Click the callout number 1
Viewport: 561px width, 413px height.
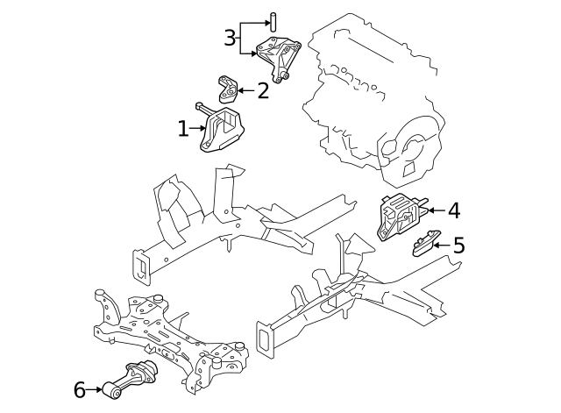(183, 129)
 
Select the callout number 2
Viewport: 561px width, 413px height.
(263, 91)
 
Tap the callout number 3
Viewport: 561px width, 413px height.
(230, 38)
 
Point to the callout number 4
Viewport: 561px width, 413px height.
(454, 210)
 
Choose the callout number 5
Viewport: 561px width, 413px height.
(458, 246)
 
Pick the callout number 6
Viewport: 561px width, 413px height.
(80, 389)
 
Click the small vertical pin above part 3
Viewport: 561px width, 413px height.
(273, 22)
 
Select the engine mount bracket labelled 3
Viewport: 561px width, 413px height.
(279, 58)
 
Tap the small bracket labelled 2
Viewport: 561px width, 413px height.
(227, 89)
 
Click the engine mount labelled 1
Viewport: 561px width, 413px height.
(222, 129)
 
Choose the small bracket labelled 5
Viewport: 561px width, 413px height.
(426, 244)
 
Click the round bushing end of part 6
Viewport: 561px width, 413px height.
(112, 392)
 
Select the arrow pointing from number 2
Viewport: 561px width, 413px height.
(246, 90)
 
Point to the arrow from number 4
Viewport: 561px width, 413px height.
(437, 210)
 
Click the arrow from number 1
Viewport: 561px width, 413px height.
(198, 128)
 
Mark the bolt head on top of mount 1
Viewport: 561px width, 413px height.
(199, 105)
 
